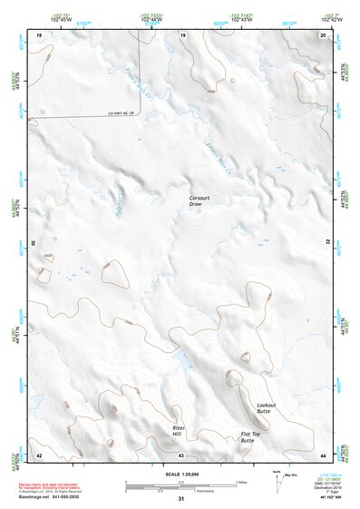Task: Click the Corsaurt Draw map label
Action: point(199,201)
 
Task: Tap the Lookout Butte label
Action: point(265,407)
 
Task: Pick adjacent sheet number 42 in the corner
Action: point(39,454)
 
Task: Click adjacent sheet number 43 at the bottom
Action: point(181,454)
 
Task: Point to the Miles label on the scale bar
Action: point(240,481)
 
